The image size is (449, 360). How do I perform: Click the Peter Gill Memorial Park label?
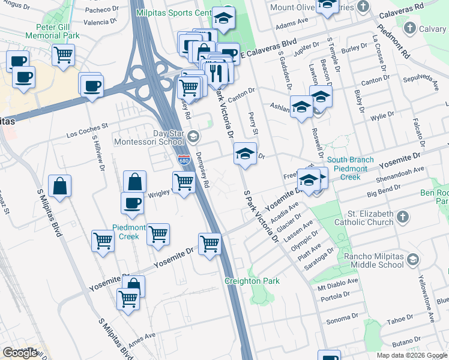click(x=52, y=31)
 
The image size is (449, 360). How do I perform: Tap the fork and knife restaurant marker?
click(x=215, y=72)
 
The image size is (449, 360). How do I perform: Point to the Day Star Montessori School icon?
click(x=193, y=136)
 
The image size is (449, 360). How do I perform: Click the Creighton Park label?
click(x=252, y=281)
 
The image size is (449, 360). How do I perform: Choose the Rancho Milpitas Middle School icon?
click(x=412, y=259)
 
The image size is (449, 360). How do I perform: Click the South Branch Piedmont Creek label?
click(x=350, y=169)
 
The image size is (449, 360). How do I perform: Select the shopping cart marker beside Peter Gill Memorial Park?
click(x=62, y=55)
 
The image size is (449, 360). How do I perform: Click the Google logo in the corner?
click(x=20, y=353)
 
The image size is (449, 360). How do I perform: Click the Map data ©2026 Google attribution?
click(x=412, y=355)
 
